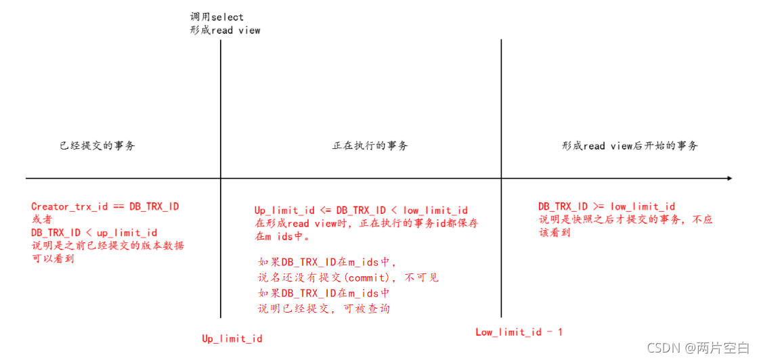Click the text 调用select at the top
[217, 17]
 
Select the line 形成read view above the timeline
[225, 30]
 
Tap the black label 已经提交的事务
[97, 145]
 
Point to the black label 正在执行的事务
[370, 145]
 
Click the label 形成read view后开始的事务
[630, 145]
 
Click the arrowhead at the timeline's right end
[729, 178]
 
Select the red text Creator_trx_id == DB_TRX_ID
[105, 206]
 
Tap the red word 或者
[41, 219]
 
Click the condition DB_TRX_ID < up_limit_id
[94, 233]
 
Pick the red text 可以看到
[53, 258]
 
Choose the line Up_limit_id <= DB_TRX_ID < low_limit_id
[361, 210]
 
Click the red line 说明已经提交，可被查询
[324, 309]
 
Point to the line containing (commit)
[348, 278]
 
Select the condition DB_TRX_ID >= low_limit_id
[606, 206]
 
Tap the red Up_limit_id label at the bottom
[232, 338]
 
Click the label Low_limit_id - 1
[519, 332]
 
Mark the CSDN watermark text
[698, 348]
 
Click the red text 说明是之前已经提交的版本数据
[107, 246]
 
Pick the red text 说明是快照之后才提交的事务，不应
[625, 219]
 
